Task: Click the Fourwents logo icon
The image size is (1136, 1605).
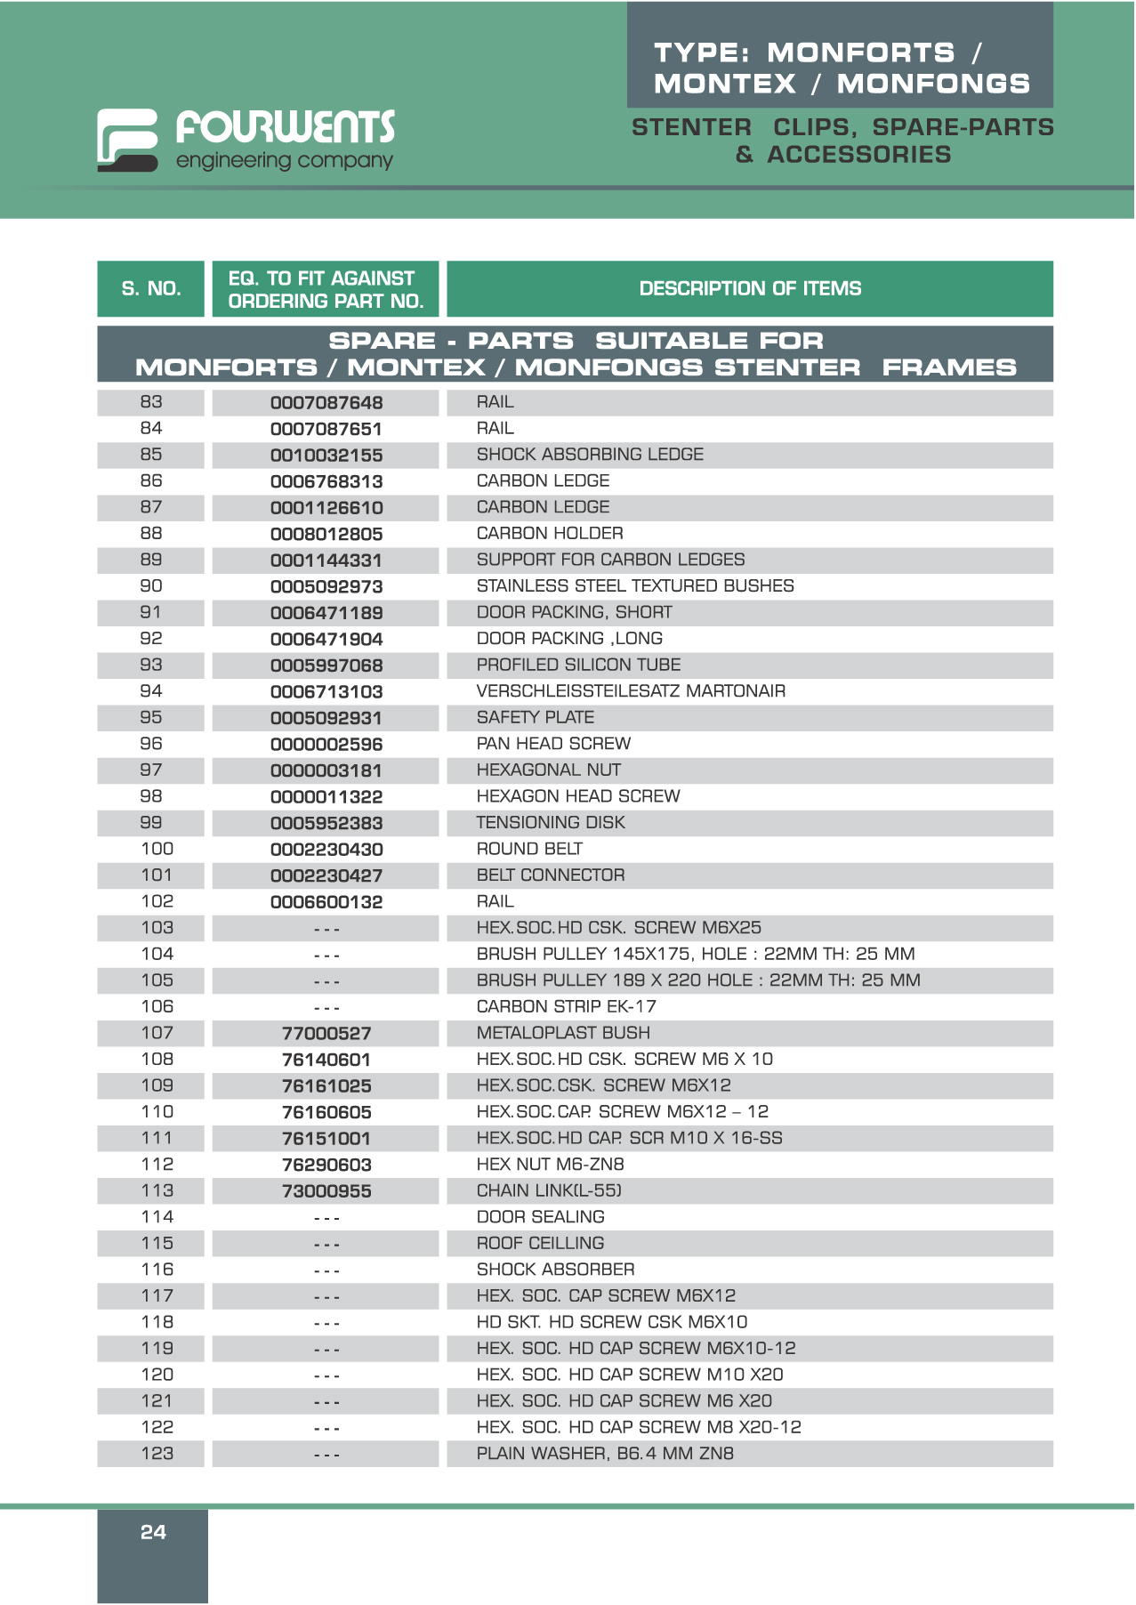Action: click(x=127, y=140)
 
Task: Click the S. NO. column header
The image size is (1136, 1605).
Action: click(x=151, y=288)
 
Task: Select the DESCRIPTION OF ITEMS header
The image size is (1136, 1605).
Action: click(x=750, y=288)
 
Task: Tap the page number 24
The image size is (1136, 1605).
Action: click(x=153, y=1532)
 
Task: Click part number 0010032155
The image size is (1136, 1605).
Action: click(x=326, y=456)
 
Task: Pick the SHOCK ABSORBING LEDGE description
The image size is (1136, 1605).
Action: click(x=590, y=455)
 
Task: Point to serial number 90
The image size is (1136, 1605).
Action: click(x=151, y=586)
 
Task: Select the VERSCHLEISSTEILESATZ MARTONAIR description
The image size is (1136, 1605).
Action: click(x=631, y=691)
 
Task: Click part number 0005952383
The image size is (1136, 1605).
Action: click(x=326, y=824)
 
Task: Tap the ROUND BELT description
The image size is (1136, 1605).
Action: click(x=529, y=850)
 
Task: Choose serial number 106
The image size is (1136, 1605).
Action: click(x=157, y=1007)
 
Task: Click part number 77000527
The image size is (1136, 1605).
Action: click(x=326, y=1034)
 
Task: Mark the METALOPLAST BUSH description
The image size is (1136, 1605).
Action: click(x=563, y=1033)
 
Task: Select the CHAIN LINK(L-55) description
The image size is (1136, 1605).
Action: click(x=549, y=1190)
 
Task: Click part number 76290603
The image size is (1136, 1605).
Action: click(x=326, y=1165)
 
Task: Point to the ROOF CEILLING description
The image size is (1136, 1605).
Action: click(x=540, y=1243)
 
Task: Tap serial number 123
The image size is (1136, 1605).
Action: click(x=157, y=1454)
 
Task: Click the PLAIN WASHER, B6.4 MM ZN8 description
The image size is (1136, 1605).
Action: click(x=605, y=1454)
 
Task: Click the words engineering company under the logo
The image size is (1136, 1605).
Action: click(x=285, y=161)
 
